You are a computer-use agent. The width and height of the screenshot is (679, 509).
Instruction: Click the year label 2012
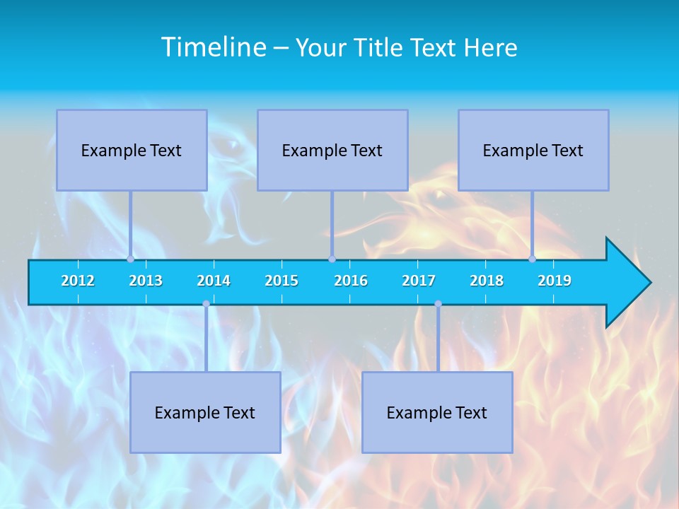coord(78,281)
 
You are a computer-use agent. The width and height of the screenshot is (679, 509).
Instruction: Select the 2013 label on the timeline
coord(146,281)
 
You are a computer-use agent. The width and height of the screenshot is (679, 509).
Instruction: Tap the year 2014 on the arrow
coord(214,281)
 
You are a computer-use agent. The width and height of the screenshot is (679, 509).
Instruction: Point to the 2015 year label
coord(282,281)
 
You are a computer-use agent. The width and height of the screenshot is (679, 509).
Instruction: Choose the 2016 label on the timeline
coord(351,281)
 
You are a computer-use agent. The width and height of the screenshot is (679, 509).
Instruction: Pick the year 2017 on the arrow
coord(419,281)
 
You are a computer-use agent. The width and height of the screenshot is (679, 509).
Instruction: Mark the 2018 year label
coord(487,281)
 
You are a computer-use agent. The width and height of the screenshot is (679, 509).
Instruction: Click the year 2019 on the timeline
coord(555,281)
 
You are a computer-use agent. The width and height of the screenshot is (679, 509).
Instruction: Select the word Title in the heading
coord(379,48)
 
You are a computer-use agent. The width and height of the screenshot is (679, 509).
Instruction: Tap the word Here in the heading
coord(491,48)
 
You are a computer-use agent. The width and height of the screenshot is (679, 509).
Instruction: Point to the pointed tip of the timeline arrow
coord(649,283)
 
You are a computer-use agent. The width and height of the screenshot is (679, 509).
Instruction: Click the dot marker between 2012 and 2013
coord(130,259)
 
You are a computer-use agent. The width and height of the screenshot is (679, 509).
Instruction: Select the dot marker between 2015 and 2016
coord(332,259)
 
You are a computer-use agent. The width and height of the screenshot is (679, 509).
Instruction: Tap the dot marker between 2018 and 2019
coord(532,259)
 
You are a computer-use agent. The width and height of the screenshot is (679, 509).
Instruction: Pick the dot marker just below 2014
coord(206,304)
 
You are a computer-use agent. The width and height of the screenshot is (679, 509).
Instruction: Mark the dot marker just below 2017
coord(438,304)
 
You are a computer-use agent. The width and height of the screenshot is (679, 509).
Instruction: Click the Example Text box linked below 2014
coord(205,412)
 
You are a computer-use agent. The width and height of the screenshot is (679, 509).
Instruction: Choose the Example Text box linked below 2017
coord(437,412)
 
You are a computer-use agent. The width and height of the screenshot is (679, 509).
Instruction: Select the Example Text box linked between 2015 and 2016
coord(332,150)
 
